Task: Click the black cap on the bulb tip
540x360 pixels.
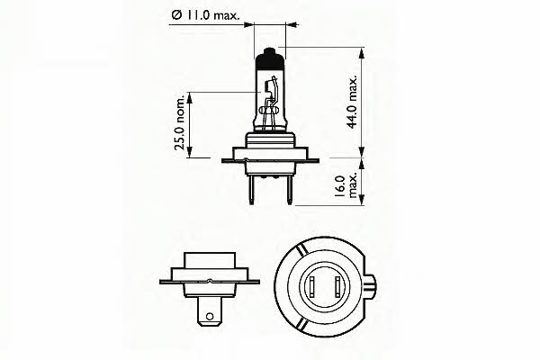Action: [x=271, y=60]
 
